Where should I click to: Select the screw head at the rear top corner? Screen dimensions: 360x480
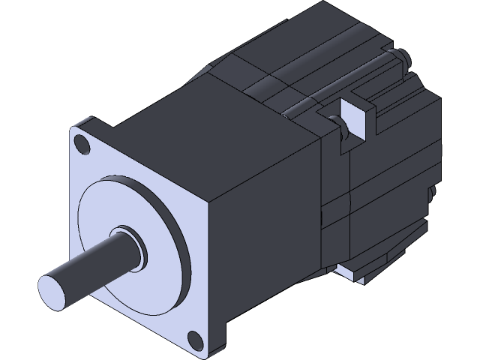click(403, 57)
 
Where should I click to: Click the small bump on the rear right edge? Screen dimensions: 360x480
click(433, 194)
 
